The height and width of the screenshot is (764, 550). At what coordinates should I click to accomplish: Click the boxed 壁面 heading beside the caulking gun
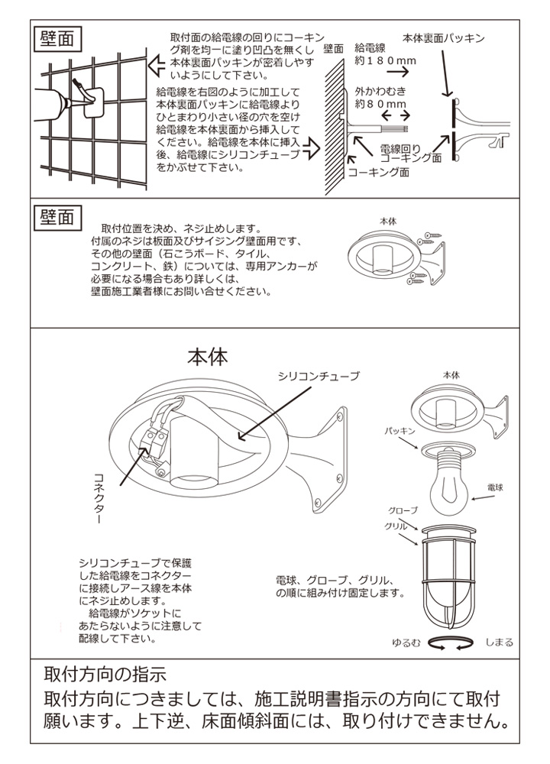57,39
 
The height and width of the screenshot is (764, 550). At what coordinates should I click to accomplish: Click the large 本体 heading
208,357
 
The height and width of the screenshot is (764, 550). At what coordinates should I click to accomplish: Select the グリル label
395,527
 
